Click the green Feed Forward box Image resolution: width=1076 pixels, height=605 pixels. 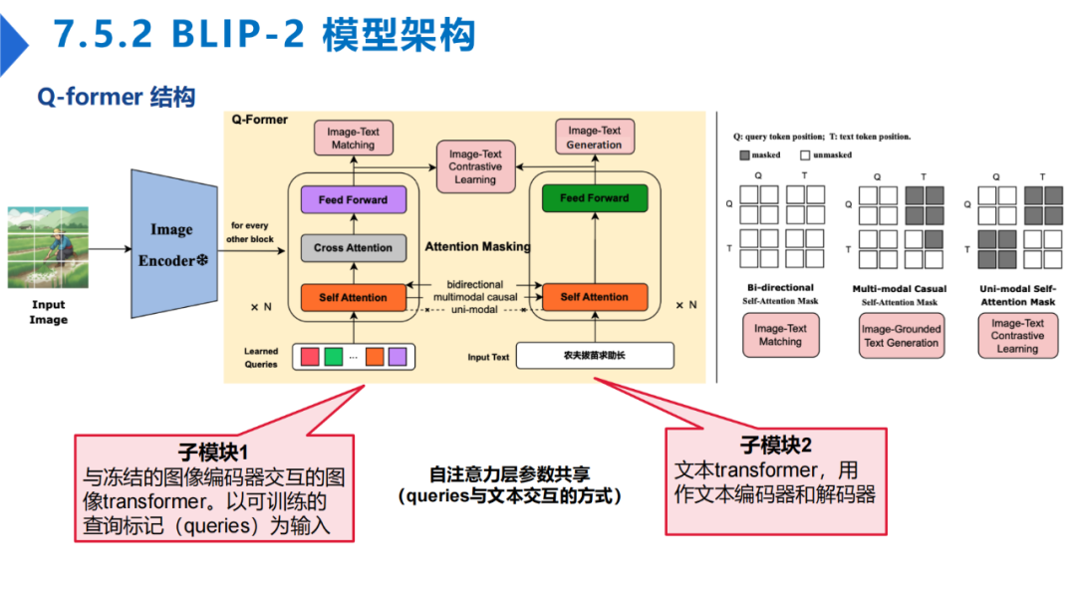click(x=594, y=198)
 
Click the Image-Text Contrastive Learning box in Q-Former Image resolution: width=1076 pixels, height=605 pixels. click(x=475, y=166)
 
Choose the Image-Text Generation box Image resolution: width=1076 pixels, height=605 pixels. click(x=594, y=138)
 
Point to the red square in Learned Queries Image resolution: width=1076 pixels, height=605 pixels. click(x=310, y=355)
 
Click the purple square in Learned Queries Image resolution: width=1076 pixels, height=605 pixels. click(x=398, y=355)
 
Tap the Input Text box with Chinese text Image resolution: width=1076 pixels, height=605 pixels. click(x=595, y=356)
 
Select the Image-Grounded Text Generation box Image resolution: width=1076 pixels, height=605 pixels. click(x=901, y=336)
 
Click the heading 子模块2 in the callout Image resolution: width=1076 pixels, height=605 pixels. click(x=775, y=446)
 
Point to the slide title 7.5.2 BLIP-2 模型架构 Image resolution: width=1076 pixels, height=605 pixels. click(x=264, y=36)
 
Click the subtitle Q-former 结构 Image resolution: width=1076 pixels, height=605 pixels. click(x=117, y=97)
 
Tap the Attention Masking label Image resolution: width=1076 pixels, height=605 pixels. click(x=477, y=246)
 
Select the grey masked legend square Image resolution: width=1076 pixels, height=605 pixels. click(x=744, y=155)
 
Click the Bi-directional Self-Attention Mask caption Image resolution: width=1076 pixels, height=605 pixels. click(x=779, y=294)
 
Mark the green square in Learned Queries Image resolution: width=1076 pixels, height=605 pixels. click(x=333, y=355)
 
